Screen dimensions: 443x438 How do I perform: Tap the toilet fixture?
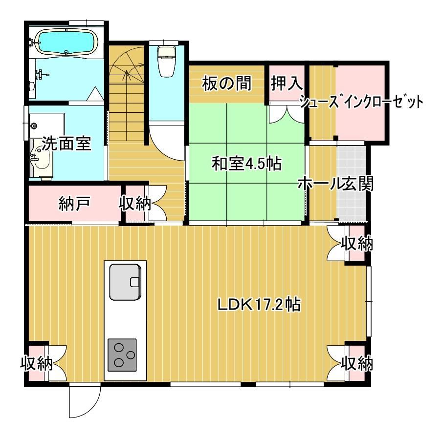coord(166,61)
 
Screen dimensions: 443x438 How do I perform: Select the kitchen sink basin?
coord(125,282)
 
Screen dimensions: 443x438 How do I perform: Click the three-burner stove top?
coord(122,355)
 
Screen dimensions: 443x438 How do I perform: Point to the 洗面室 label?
coord(66,144)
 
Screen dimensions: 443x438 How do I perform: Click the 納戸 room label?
coord(75,203)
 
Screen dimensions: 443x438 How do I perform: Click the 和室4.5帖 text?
coord(246,164)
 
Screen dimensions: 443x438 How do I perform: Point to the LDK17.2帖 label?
coord(259,305)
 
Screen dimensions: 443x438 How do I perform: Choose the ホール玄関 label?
coord(336,184)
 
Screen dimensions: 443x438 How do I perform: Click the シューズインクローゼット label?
coord(362,102)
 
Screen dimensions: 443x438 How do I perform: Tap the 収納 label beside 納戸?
coord(135,203)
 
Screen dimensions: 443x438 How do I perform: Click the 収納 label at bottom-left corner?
coord(37,363)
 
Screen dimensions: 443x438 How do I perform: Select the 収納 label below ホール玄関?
coord(357,244)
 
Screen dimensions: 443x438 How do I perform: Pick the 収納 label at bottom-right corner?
coord(357,363)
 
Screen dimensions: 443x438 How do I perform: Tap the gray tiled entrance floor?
coord(352,182)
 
